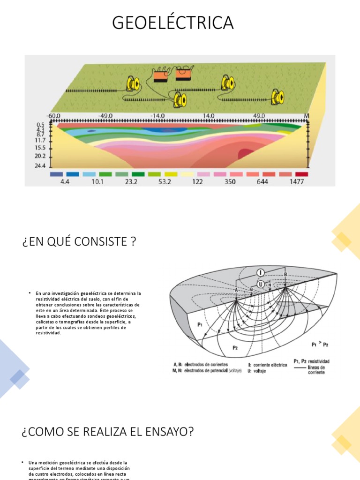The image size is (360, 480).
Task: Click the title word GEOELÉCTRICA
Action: point(172,23)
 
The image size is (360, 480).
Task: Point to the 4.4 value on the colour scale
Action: point(65,181)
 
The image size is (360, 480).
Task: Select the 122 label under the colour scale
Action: point(197,181)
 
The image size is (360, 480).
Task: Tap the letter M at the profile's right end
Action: point(307,116)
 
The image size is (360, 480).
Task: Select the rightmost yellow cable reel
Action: point(278,97)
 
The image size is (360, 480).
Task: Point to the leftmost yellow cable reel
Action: point(133,84)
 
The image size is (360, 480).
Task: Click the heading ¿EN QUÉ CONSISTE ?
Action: point(79,242)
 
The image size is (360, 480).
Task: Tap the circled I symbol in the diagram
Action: point(261,272)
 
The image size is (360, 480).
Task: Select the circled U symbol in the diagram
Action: point(261,284)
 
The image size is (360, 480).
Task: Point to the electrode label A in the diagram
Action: point(237,291)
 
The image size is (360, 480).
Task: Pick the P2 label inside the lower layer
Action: point(236,347)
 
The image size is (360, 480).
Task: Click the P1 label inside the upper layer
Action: point(200,323)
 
